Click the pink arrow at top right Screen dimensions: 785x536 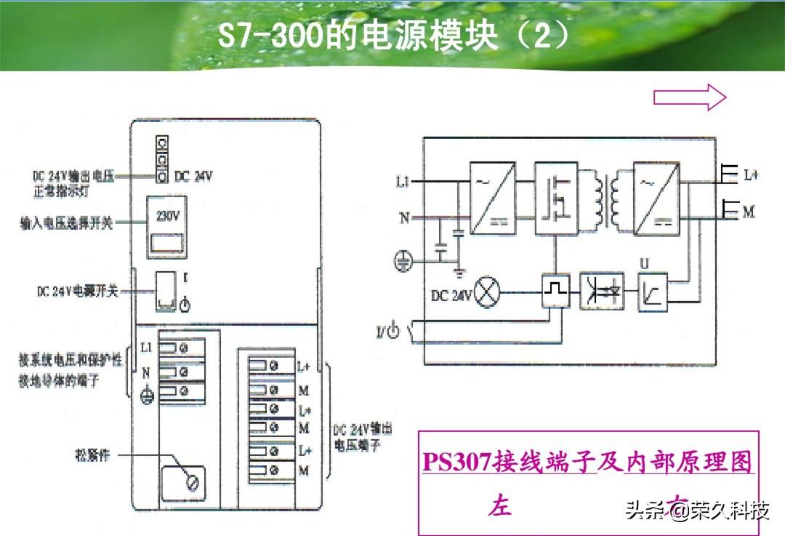[690, 97]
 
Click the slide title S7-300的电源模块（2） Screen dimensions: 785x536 [393, 37]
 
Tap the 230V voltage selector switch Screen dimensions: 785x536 [168, 228]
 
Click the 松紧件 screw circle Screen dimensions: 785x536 [193, 481]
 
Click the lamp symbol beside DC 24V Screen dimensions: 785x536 [489, 295]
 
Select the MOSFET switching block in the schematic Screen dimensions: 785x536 [556, 198]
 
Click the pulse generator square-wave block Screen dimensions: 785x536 [555, 292]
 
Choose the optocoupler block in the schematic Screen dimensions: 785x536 [601, 291]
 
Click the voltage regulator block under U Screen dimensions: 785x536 [652, 292]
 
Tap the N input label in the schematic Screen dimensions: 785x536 [404, 217]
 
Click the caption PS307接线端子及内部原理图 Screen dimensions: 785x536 [587, 462]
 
